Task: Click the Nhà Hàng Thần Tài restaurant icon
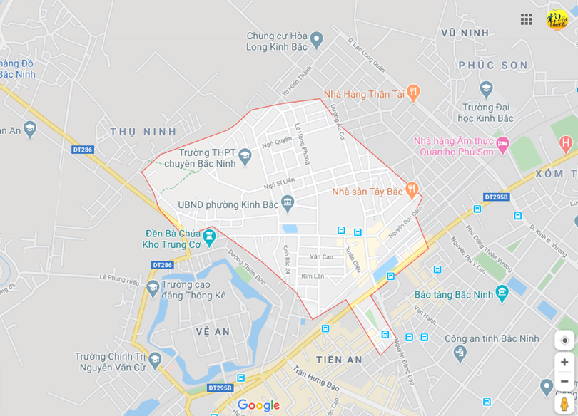click(x=412, y=93)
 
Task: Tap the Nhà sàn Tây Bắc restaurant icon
click(x=411, y=190)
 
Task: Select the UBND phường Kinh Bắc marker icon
click(x=288, y=204)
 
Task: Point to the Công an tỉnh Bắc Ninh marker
click(x=460, y=352)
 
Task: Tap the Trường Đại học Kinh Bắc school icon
click(x=486, y=90)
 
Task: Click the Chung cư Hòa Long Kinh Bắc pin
click(x=317, y=41)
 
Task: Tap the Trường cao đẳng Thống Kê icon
click(x=153, y=288)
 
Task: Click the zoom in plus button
click(x=564, y=362)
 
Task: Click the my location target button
click(x=564, y=340)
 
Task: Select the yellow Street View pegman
click(x=564, y=404)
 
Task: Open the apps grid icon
click(x=527, y=19)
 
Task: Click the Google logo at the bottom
click(x=258, y=405)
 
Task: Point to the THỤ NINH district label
click(x=143, y=132)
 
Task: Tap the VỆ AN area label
click(x=213, y=332)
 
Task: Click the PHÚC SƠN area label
click(x=493, y=66)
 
